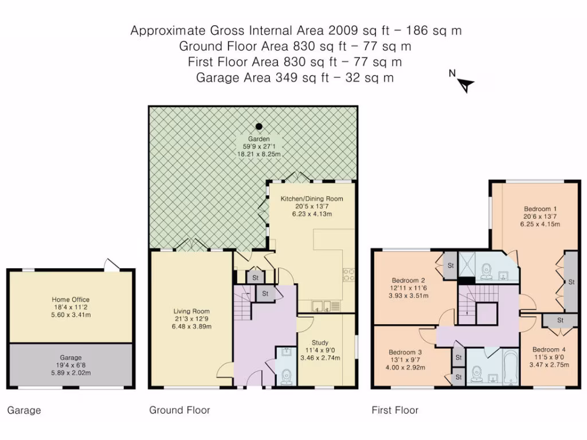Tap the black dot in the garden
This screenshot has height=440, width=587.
tap(259, 127)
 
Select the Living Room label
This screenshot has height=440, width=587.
tap(191, 311)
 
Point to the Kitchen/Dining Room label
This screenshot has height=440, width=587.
tap(312, 199)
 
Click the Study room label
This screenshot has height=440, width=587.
tap(320, 343)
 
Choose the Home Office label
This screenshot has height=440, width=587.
tap(71, 299)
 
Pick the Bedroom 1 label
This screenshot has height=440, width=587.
tap(540, 209)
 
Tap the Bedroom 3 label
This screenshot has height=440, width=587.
tap(405, 352)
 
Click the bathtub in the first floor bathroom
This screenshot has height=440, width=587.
tap(511, 367)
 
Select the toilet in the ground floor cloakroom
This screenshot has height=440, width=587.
tap(287, 376)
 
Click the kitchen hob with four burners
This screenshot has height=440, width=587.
tap(349, 274)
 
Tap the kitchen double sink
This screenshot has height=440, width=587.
tap(322, 306)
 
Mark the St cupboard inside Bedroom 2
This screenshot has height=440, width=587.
tap(450, 265)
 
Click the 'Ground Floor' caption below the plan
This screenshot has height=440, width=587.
tap(179, 410)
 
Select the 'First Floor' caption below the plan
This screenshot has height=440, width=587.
tap(395, 410)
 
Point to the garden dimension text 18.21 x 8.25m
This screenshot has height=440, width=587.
tap(259, 154)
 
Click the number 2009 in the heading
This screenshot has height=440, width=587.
tap(343, 30)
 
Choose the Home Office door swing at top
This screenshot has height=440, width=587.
tap(112, 264)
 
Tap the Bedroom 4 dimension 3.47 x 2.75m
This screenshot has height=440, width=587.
tap(549, 365)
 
